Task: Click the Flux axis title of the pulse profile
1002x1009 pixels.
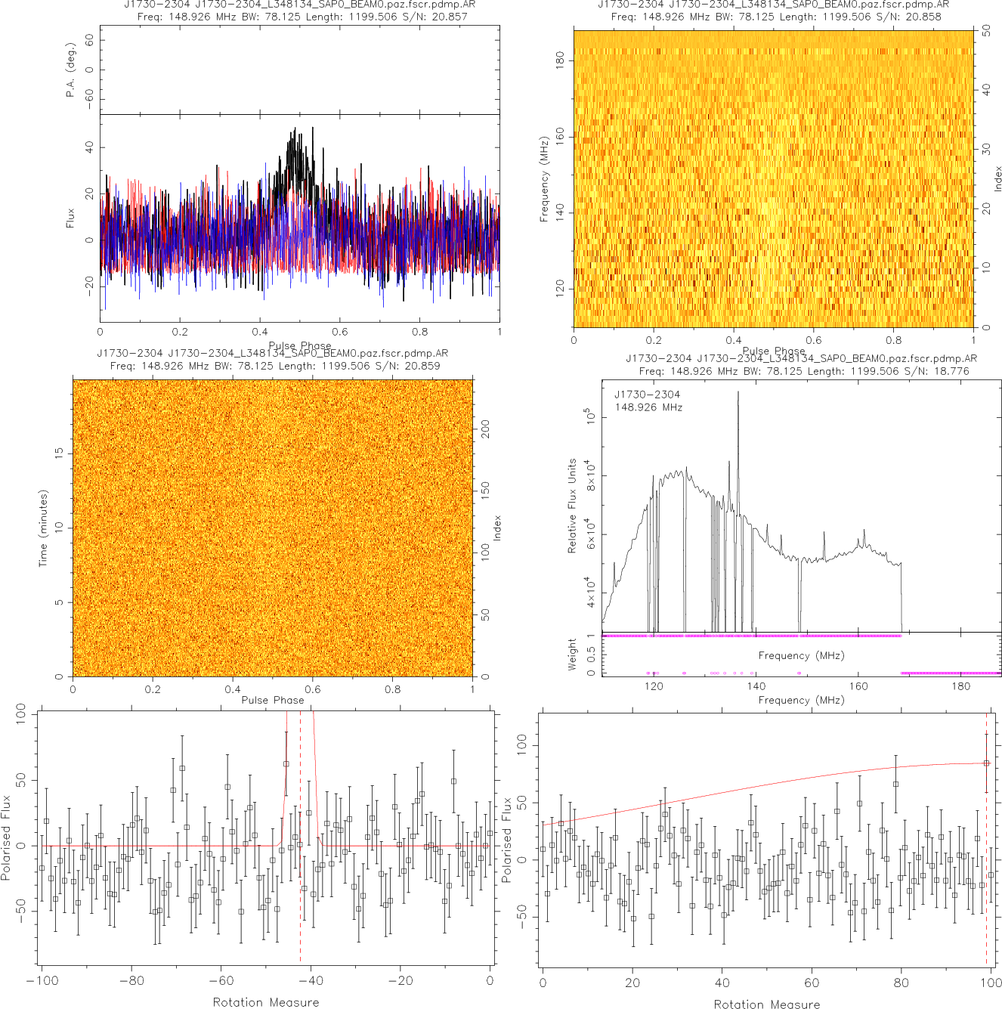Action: [71, 218]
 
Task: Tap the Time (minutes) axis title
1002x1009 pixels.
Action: [43, 528]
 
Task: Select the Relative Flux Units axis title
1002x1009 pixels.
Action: [572, 506]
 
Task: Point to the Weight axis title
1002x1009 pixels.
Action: [572, 654]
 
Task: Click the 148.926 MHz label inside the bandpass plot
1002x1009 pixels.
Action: [648, 407]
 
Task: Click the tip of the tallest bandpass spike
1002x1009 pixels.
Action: [738, 392]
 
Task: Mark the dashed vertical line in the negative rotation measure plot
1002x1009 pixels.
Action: [301, 839]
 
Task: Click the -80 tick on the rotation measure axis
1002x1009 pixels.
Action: [131, 981]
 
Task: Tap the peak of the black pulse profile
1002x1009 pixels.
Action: [293, 128]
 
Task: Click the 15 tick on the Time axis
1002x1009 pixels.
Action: [59, 453]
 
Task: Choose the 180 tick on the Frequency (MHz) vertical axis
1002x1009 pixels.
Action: [560, 60]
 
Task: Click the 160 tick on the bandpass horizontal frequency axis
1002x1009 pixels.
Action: [858, 686]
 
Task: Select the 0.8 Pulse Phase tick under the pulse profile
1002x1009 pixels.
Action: [419, 332]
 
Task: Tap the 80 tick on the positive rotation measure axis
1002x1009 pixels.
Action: [901, 983]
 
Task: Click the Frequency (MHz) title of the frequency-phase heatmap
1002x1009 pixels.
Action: [544, 179]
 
